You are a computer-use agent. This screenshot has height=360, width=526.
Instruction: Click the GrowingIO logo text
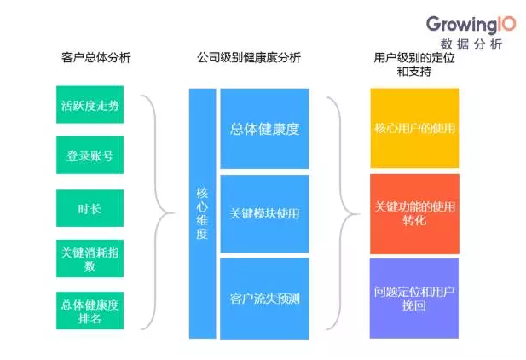tap(462, 23)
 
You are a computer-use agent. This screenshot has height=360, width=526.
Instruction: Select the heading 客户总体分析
tap(96, 57)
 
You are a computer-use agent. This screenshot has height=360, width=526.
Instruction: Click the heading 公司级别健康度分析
tap(248, 57)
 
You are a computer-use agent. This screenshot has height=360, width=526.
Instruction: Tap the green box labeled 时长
tap(90, 207)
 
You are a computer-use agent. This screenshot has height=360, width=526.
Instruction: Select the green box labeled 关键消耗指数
tap(90, 259)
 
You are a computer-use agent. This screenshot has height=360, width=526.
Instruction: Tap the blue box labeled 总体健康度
tap(264, 129)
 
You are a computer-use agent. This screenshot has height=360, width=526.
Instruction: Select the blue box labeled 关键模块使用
tap(264, 213)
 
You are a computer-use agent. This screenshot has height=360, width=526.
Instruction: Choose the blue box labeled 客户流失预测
tap(264, 299)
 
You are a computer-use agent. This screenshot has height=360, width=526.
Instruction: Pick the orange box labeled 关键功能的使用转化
tap(415, 213)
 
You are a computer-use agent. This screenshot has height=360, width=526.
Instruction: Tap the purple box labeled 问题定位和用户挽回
tap(415, 298)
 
